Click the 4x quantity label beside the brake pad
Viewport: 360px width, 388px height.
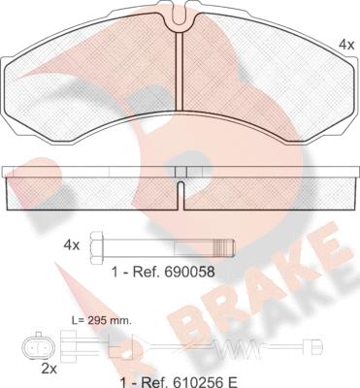(346, 45)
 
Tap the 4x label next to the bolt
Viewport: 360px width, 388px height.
(72, 245)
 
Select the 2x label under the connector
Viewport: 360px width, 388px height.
(49, 369)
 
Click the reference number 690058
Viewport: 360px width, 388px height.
(189, 273)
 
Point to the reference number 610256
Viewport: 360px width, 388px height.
(191, 382)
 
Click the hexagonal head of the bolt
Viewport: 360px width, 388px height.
(96, 247)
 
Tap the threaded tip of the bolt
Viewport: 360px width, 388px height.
(226, 248)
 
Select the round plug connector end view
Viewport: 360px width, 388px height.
(38, 347)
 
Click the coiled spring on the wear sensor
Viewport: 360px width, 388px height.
(237, 348)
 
